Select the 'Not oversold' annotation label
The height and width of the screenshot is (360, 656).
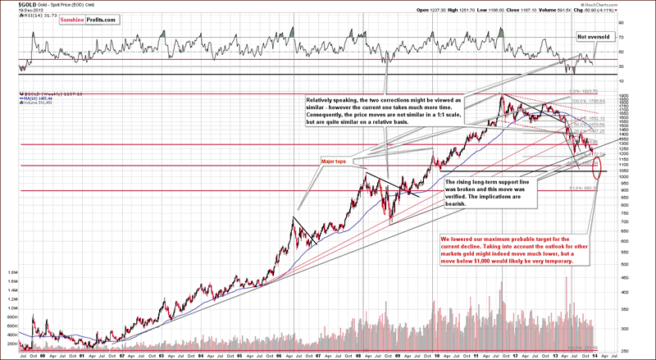[x=594, y=36]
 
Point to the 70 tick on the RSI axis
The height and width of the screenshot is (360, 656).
[x=622, y=38]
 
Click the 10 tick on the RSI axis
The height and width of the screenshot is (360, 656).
[x=622, y=82]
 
